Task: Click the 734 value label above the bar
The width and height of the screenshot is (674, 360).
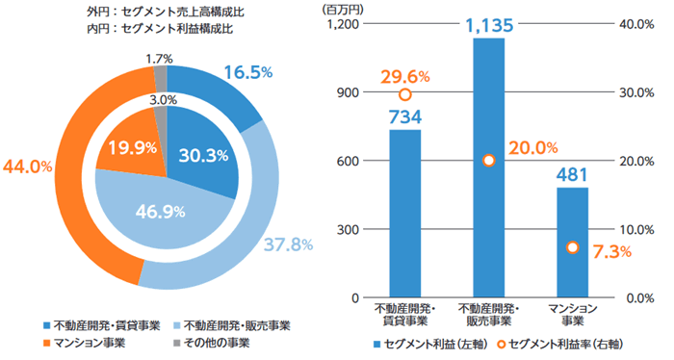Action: coord(404,116)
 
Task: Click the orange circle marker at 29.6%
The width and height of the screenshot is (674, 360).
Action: coord(405,94)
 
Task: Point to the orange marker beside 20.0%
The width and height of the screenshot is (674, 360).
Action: coord(488,161)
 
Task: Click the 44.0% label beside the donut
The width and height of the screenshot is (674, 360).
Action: coord(27,166)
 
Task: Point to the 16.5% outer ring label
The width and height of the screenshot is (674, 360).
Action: coord(248,72)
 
